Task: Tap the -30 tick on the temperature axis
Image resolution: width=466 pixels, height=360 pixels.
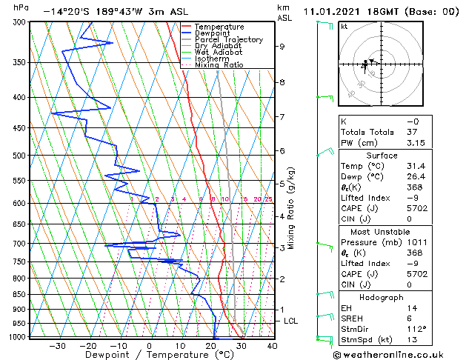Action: click(56, 345)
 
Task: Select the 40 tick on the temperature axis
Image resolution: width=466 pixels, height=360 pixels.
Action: click(272, 345)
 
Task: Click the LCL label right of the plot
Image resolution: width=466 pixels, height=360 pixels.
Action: click(291, 321)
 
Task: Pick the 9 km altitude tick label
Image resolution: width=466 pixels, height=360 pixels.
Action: click(282, 46)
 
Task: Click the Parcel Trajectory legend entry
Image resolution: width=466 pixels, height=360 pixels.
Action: click(228, 39)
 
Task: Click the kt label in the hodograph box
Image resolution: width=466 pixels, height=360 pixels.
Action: click(344, 26)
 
